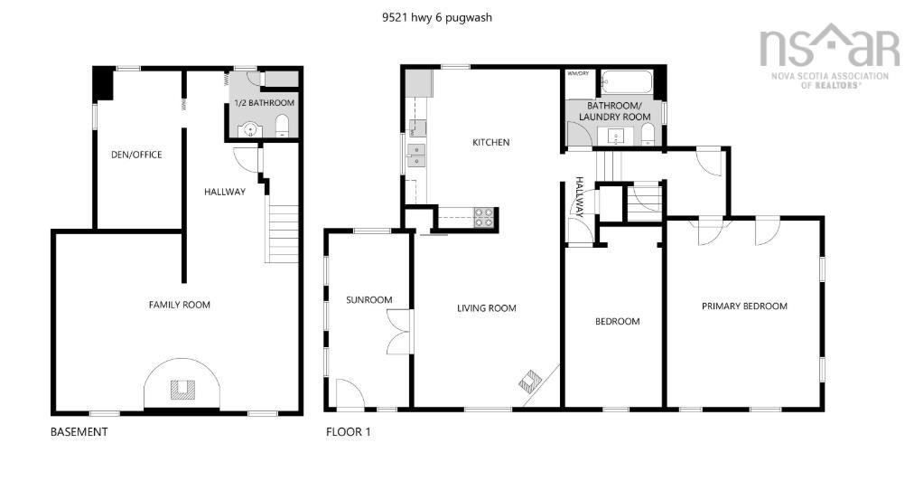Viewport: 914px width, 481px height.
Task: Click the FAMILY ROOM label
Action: click(x=179, y=305)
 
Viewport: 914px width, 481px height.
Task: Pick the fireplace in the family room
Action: click(x=182, y=389)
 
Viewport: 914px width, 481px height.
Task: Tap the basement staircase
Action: click(x=284, y=233)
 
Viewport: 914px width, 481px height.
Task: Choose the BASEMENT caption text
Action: click(x=79, y=432)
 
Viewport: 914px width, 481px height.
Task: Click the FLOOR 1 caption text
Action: click(x=349, y=432)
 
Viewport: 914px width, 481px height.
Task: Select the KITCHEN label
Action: click(x=491, y=142)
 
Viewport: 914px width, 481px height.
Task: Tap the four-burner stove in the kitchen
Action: click(x=484, y=217)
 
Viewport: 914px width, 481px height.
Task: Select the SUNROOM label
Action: click(x=369, y=299)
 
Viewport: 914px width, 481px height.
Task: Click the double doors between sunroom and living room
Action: click(x=398, y=332)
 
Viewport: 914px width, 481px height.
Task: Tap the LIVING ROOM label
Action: click(x=486, y=308)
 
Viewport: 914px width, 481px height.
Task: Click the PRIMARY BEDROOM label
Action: click(x=744, y=306)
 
